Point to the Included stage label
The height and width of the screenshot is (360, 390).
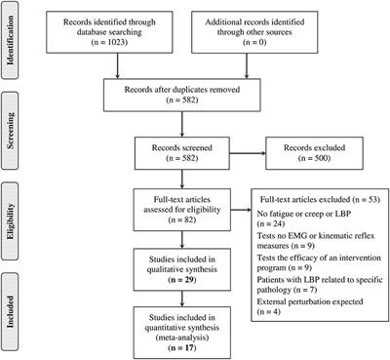(x=15, y=309)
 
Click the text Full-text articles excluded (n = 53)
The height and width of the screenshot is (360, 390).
(x=320, y=199)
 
